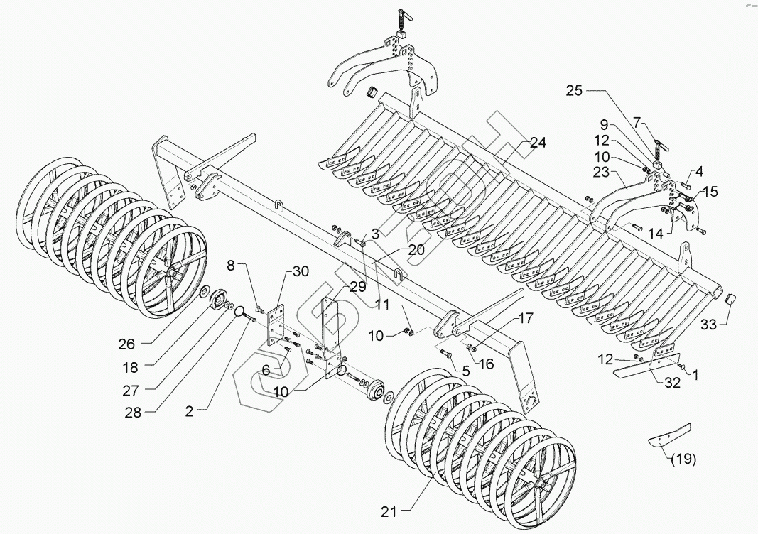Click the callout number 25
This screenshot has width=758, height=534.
click(x=574, y=91)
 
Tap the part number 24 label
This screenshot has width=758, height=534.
click(x=537, y=143)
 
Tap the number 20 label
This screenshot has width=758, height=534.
click(x=416, y=250)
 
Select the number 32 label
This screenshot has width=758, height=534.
click(x=672, y=382)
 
